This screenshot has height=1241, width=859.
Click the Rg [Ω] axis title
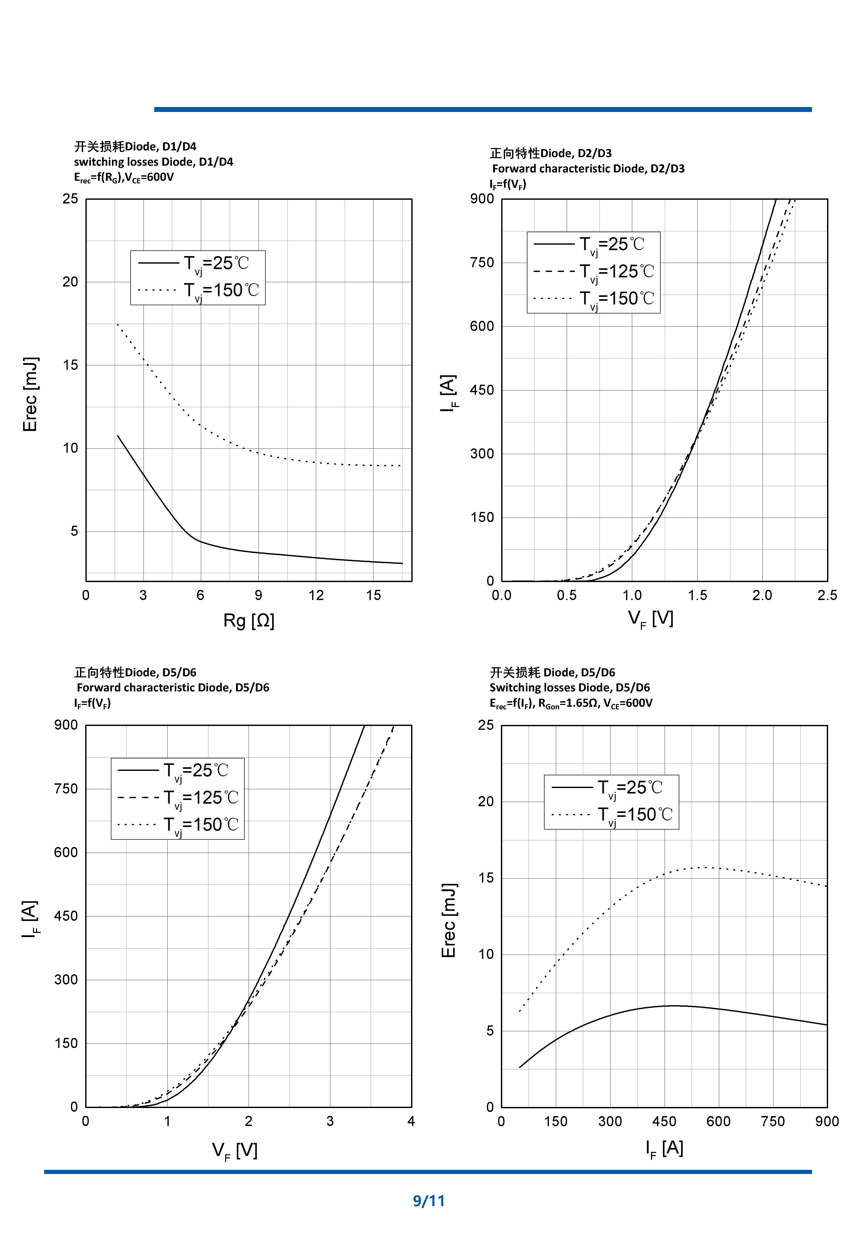point(249,621)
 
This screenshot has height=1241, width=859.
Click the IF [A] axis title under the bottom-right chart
point(664,1148)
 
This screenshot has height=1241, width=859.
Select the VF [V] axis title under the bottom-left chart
point(235,1151)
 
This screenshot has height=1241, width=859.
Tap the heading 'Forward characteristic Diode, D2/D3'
point(588,169)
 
